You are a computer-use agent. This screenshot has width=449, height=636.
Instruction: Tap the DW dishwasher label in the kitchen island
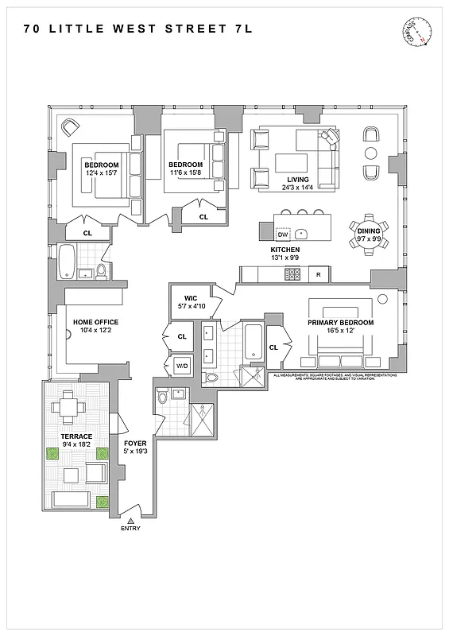pyautogui.click(x=282, y=235)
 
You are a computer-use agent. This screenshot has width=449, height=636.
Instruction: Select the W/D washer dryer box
pyautogui.click(x=181, y=366)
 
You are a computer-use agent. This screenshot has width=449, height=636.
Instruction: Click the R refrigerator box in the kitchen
pyautogui.click(x=318, y=274)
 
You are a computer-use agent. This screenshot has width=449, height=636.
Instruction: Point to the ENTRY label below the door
pyautogui.click(x=131, y=528)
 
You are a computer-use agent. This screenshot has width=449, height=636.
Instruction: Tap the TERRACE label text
pyautogui.click(x=77, y=436)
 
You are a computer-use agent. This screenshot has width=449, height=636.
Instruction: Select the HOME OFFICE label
pyautogui.click(x=95, y=322)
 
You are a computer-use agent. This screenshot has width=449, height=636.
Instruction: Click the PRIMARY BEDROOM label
pyautogui.click(x=340, y=323)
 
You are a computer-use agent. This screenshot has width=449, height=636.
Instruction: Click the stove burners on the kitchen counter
pyautogui.click(x=292, y=274)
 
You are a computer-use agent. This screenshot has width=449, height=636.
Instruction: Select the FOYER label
pyautogui.click(x=135, y=444)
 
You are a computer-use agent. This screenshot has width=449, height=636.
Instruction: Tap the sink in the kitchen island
pyautogui.click(x=302, y=235)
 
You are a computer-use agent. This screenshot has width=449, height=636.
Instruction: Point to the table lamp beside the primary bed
pyautogui.click(x=382, y=299)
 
